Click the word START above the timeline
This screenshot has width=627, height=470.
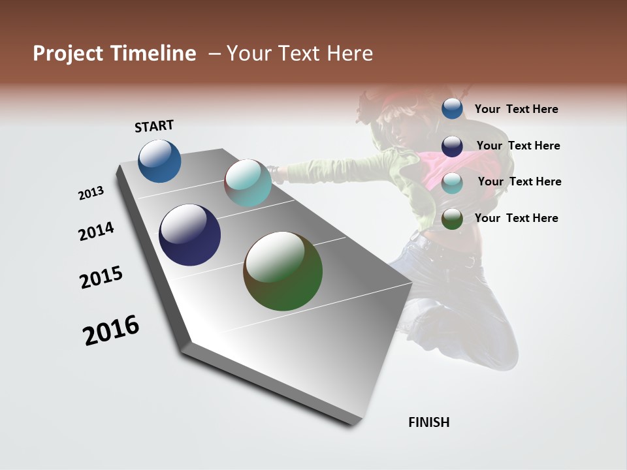point(154,126)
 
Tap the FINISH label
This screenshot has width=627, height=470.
point(429,422)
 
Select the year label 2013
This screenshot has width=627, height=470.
point(91,193)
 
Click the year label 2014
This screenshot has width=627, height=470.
point(97,231)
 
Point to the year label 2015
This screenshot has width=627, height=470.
point(101,277)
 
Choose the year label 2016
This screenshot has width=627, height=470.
point(111,330)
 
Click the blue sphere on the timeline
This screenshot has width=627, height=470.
point(159,161)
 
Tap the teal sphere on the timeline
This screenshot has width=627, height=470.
point(248,183)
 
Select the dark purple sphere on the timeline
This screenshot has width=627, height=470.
point(189,235)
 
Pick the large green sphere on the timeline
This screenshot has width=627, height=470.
point(283,271)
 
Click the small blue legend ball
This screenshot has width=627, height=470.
point(452,108)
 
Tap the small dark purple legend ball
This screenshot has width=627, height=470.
point(452,146)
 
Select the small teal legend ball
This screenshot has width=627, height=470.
point(452,182)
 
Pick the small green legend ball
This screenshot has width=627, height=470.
point(452,219)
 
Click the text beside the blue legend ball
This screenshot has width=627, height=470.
point(517,109)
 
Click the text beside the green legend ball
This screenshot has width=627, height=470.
point(517,218)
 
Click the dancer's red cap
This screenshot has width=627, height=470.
point(399,99)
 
